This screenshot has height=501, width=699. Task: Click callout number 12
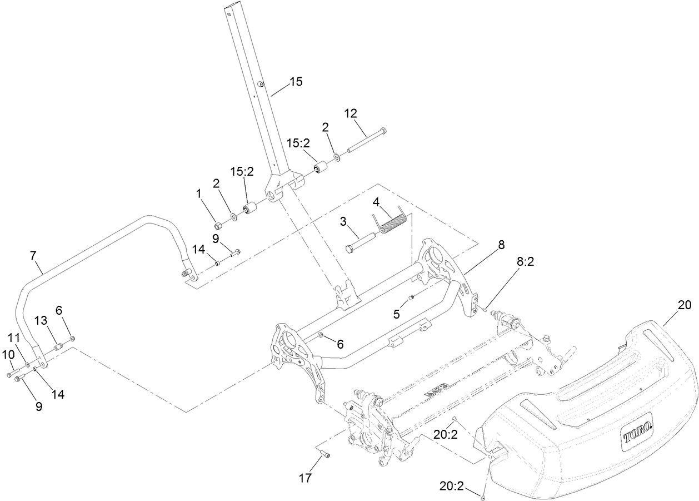(351, 113)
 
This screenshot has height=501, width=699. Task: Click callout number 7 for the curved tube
(33, 256)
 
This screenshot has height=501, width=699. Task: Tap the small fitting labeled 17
(324, 455)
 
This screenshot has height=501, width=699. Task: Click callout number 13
(41, 321)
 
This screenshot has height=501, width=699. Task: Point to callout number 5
(396, 314)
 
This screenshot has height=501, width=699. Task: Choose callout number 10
(9, 354)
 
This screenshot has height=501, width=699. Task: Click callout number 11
(13, 337)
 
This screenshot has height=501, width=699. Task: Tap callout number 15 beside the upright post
(296, 82)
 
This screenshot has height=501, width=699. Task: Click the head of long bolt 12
(383, 131)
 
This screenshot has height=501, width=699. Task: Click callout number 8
(501, 245)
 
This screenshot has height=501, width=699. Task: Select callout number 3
(343, 221)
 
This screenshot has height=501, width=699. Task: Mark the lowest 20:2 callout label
(451, 485)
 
